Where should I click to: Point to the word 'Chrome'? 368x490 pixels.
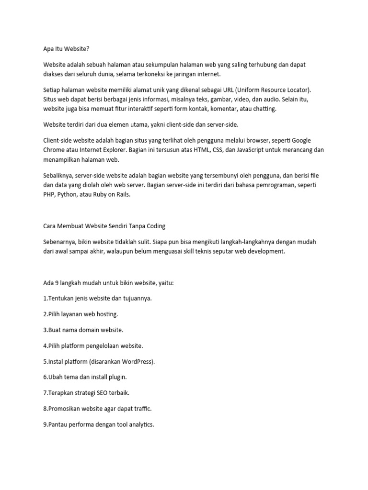click(55, 149)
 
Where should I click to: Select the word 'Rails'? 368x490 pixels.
click(121, 194)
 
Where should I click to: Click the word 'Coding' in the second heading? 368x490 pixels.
click(155, 226)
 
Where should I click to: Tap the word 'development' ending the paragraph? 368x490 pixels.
click(266, 251)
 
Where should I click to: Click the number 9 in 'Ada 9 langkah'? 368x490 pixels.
click(57, 283)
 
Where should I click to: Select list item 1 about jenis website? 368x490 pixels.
click(97, 298)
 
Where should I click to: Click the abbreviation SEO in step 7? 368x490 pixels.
click(100, 392)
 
